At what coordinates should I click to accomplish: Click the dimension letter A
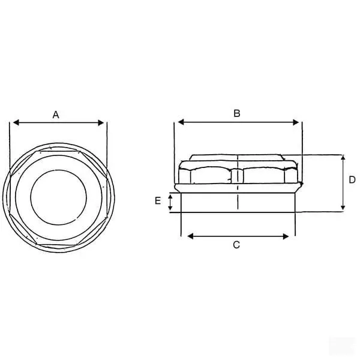[x=56, y=115]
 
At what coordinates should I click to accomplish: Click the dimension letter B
[x=237, y=113]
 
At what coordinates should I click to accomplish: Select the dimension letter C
[x=236, y=245]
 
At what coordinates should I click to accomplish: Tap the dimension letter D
[x=352, y=180]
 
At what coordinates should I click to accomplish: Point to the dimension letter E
[x=158, y=200]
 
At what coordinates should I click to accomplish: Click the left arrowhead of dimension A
[x=16, y=122]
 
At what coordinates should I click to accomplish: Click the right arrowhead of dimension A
[x=101, y=123]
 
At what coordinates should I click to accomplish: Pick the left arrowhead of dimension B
[x=181, y=122]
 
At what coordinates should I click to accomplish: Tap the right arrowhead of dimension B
[x=296, y=122]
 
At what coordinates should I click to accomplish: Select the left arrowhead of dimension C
[x=190, y=236]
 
